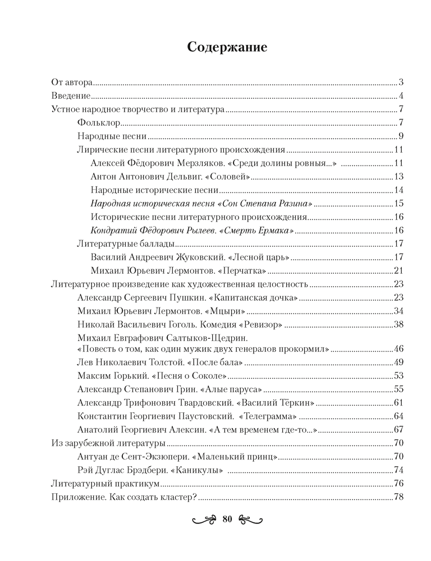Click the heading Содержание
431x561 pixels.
coord(227,47)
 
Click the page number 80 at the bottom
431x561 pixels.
coord(227,518)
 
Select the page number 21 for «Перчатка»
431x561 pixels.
coord(400,271)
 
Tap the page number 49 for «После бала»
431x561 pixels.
coord(400,361)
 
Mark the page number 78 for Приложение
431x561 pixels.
coord(400,496)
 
